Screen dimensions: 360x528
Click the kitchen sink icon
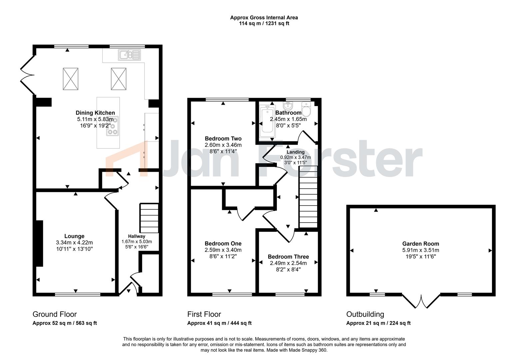pyautogui.click(x=130, y=55)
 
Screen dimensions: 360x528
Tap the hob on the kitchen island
pyautogui.click(x=113, y=126)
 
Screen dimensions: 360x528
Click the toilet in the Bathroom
pyautogui.click(x=306, y=108)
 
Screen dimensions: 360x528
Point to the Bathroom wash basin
pyautogui.click(x=288, y=106)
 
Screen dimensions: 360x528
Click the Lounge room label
pyautogui.click(x=74, y=236)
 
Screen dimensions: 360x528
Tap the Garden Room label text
pyautogui.click(x=420, y=244)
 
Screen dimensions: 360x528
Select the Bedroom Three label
pyautogui.click(x=288, y=257)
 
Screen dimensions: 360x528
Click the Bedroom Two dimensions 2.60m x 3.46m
pyautogui.click(x=223, y=145)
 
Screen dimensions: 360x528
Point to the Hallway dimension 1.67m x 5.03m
pyautogui.click(x=137, y=242)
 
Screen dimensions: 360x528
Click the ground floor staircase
pyautogui.click(x=149, y=218)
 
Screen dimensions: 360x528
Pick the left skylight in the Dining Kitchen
pyautogui.click(x=70, y=79)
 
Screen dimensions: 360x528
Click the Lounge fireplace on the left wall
pyautogui.click(x=39, y=243)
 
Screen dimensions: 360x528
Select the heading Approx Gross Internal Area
pyautogui.click(x=264, y=18)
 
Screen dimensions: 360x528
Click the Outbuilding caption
pyautogui.click(x=365, y=314)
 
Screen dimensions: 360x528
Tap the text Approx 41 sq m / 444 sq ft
pyautogui.click(x=219, y=323)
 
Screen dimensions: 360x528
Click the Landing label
pyautogui.click(x=295, y=152)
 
